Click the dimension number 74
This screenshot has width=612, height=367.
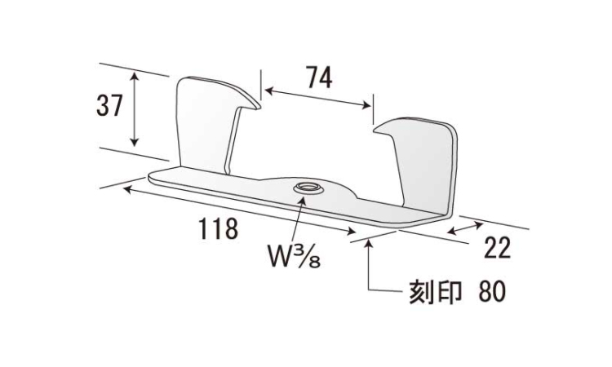coord(319,77)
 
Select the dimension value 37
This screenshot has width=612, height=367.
coord(109,105)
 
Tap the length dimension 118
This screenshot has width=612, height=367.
coord(219,228)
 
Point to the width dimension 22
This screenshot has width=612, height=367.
coord(497,248)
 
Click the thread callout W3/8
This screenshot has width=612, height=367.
coord(295,256)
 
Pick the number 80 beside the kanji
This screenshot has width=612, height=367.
coord(492,291)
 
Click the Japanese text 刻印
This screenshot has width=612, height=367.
coord(435,291)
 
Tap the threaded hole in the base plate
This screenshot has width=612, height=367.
coord(308,188)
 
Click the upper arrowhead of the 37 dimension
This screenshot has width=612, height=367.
coord(135,76)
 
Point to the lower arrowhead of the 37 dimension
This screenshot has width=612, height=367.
coord(135,142)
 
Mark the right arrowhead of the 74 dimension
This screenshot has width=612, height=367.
coord(366,105)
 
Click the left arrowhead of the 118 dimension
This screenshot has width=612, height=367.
coord(129,189)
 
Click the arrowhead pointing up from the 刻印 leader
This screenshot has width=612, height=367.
coord(369,245)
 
